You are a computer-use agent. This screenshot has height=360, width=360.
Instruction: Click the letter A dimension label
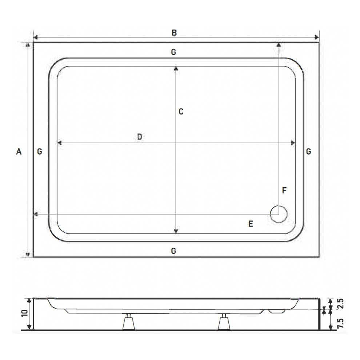pyautogui.click(x=19, y=152)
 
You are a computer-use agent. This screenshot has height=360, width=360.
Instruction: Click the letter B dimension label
pyautogui.click(x=174, y=33)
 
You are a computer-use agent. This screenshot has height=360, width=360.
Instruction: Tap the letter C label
pyautogui.click(x=181, y=112)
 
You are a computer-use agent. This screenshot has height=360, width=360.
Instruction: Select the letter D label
pyautogui.click(x=140, y=137)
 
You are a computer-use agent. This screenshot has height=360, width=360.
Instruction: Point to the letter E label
pyautogui.click(x=251, y=224)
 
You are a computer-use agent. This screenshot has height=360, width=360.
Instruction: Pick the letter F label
pyautogui.click(x=284, y=190)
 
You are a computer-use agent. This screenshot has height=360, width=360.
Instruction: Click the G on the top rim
pyautogui.click(x=173, y=52)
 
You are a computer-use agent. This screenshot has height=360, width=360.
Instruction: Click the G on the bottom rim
pyautogui.click(x=173, y=251)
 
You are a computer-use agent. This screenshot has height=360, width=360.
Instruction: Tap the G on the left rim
pyautogui.click(x=40, y=152)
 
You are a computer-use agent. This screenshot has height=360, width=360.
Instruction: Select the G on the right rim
pyautogui.click(x=308, y=152)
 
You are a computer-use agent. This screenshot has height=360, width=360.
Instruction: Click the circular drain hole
pyautogui.click(x=279, y=214)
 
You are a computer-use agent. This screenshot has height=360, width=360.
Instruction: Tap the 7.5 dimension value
pyautogui.click(x=340, y=323)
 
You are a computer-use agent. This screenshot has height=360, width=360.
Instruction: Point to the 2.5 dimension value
pyautogui.click(x=340, y=304)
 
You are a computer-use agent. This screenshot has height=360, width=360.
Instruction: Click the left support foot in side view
pyautogui.click(x=128, y=322)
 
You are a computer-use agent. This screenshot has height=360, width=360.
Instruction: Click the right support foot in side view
pyautogui.click(x=223, y=322)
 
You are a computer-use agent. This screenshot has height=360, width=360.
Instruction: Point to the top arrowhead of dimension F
pyautogui.click(x=279, y=44)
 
